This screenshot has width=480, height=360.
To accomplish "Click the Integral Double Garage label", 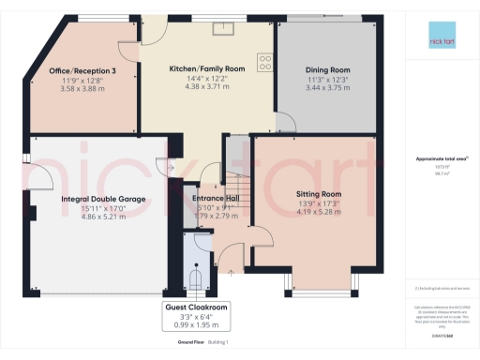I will (x=104, y=200).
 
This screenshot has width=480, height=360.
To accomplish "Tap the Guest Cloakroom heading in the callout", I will (x=198, y=307).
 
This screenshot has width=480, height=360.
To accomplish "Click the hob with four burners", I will (x=265, y=63).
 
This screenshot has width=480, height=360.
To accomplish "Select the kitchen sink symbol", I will (x=223, y=27).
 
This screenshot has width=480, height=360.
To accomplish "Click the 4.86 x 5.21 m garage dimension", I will (x=104, y=217).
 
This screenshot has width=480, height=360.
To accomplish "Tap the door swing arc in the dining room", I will (x=284, y=120).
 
